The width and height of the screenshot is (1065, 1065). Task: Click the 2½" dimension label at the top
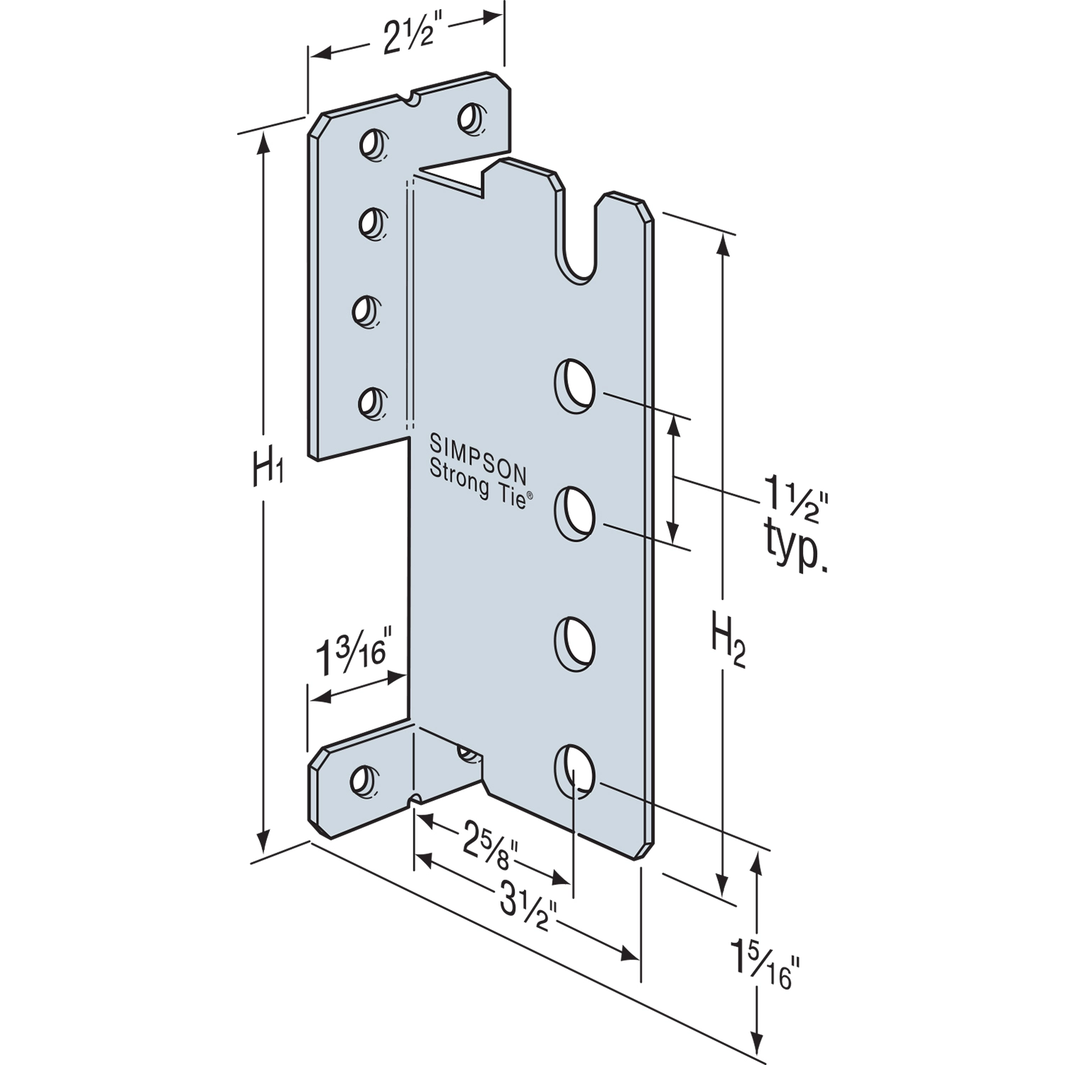408,39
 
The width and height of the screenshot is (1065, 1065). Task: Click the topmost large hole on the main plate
574,386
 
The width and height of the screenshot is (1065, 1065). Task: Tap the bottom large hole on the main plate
574,771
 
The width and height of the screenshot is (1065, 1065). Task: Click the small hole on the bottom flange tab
363,780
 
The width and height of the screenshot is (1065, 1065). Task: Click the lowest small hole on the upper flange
370,403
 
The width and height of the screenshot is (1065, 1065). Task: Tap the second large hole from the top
574,513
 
